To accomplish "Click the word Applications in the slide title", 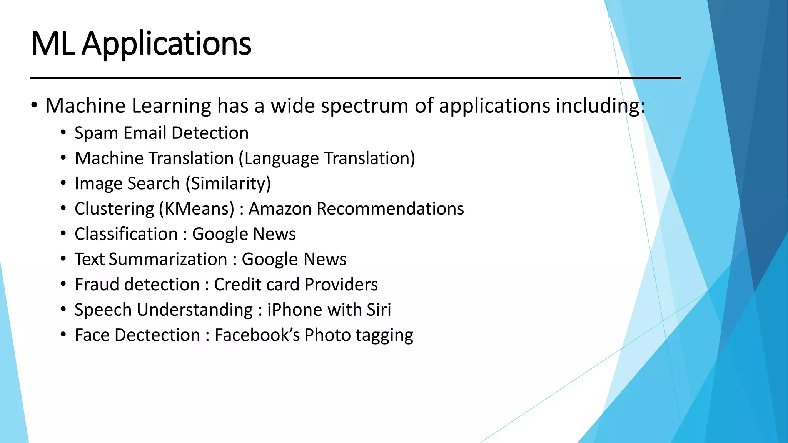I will tap(167, 44).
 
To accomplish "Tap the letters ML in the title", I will tap(52, 43).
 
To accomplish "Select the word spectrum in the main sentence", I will tap(364, 106).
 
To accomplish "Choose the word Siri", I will tap(379, 310).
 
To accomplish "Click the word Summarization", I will tap(168, 259).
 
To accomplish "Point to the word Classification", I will tap(126, 234).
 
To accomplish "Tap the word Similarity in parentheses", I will tap(229, 183).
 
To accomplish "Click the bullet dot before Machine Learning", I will tap(34, 105).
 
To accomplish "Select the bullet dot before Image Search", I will tap(63, 183).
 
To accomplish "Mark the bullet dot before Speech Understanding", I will tap(63, 310).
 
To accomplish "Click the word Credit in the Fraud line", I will tap(237, 285).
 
